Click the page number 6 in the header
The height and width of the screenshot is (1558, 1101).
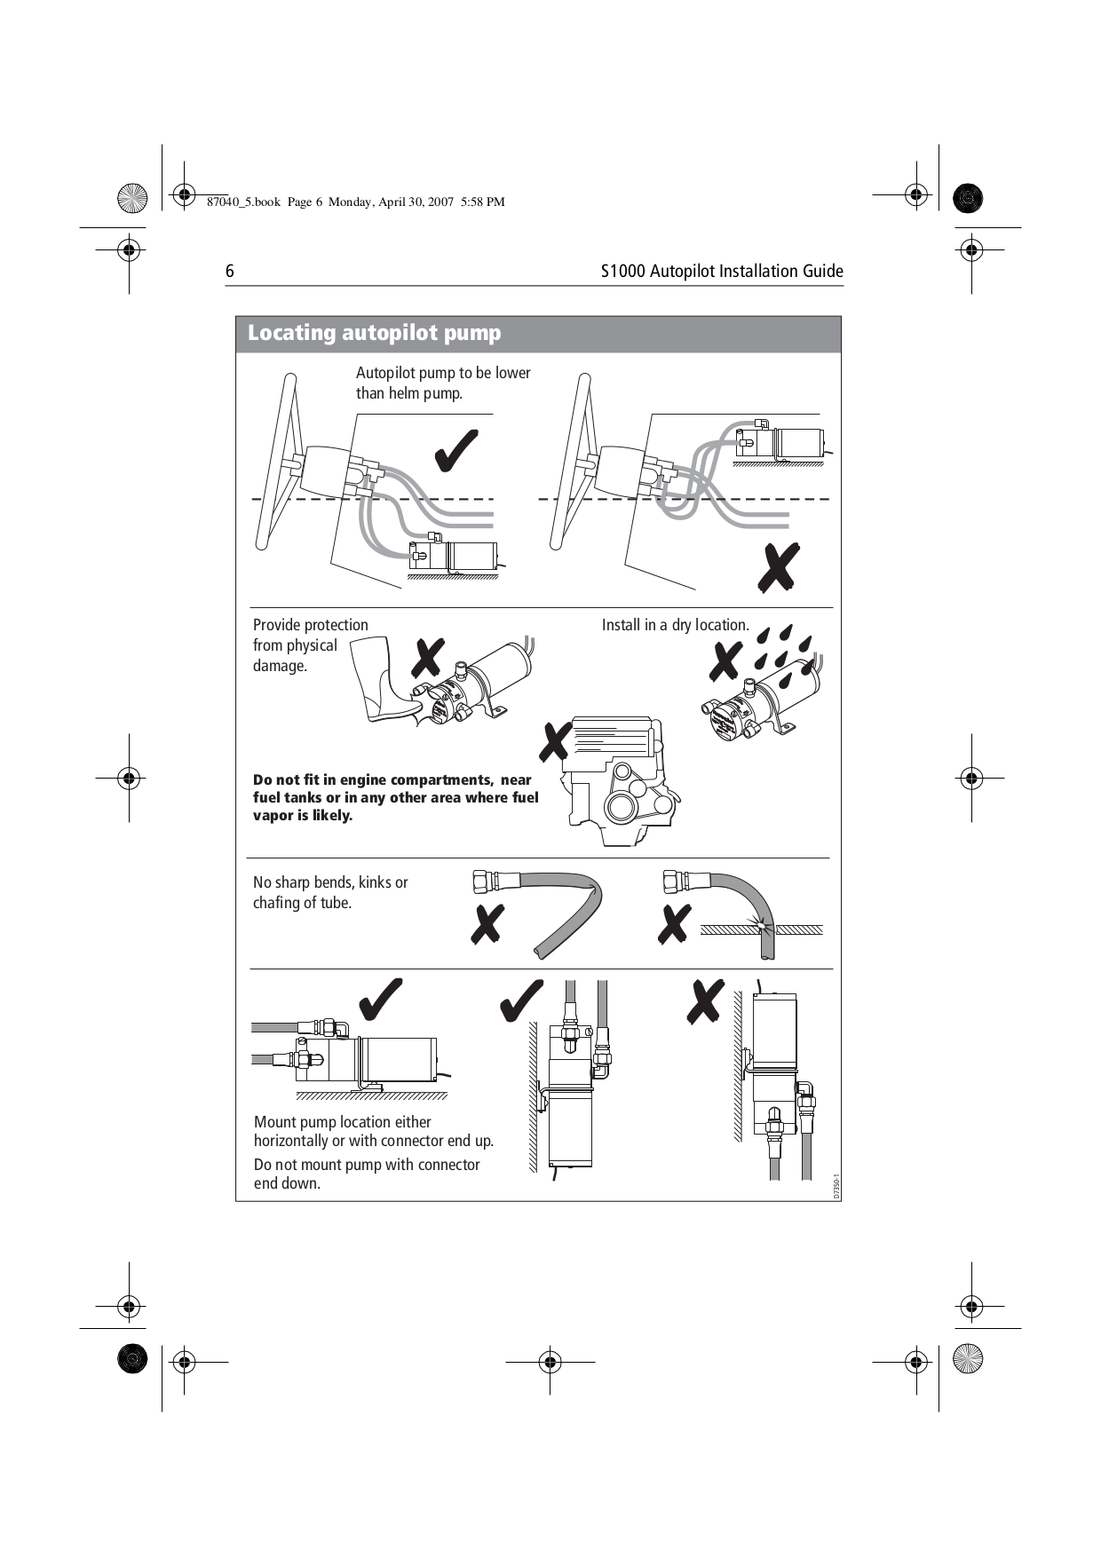click(230, 272)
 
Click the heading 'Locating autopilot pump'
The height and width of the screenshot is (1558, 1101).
click(374, 333)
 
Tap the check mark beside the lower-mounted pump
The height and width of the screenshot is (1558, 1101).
click(456, 451)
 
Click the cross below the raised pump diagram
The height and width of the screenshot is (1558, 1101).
click(779, 568)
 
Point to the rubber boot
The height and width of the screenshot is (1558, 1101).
click(384, 680)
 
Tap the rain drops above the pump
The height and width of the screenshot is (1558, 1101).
click(782, 652)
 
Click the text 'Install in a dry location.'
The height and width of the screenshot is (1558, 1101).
click(675, 625)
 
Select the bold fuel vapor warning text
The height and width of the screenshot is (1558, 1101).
click(395, 797)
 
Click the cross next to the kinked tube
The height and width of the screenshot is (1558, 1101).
click(487, 924)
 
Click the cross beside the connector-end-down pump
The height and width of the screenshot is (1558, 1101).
click(706, 1002)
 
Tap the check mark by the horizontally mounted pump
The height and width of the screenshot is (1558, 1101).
click(381, 1000)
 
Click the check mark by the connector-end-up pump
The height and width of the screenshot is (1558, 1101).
click(521, 1001)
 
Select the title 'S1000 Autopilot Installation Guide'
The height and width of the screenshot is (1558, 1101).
click(721, 272)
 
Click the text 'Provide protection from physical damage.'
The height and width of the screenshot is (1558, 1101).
click(309, 645)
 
